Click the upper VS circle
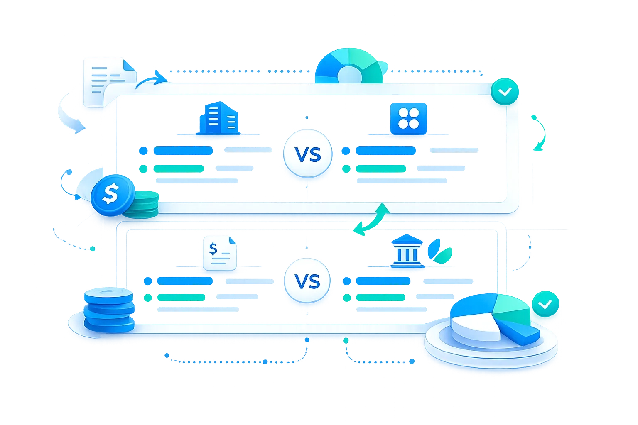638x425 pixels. [307, 155]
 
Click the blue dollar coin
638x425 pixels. [110, 194]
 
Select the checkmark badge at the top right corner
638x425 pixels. [505, 92]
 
